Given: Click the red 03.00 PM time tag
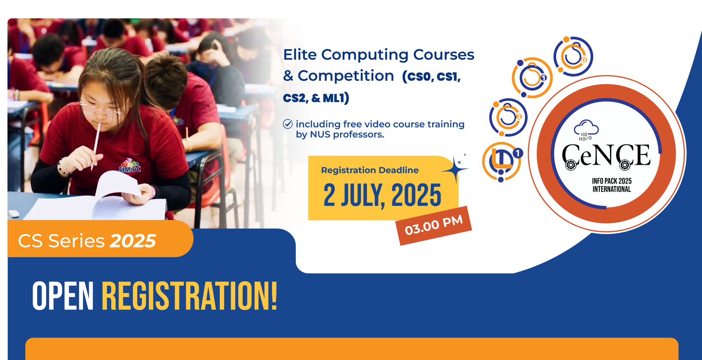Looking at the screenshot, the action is (434, 226).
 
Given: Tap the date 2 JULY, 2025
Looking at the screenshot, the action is (382, 195).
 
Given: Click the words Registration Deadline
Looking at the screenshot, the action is (370, 170).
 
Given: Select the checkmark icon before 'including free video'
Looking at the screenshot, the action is (287, 124).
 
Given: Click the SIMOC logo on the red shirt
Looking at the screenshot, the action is (130, 166).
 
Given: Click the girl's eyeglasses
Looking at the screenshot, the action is (100, 110).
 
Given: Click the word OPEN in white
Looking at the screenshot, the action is (63, 296).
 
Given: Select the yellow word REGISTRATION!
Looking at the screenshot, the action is (190, 296).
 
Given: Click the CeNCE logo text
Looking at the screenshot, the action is (606, 156).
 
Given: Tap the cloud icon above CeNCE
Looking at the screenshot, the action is (586, 130).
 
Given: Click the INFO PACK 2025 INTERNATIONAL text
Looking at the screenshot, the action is (612, 185).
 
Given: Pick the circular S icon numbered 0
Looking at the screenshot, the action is (573, 56).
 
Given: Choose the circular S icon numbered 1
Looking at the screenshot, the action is (532, 77).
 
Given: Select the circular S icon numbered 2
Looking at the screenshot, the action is (509, 118).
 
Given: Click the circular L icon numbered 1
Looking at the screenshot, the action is (501, 162).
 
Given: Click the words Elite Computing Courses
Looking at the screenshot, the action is (379, 54).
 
